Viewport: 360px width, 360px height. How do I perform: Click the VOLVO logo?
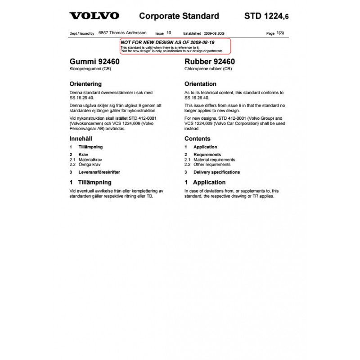[x=94, y=16]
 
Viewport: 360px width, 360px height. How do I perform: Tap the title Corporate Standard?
[x=179, y=16]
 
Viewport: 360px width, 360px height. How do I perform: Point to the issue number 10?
[x=169, y=33]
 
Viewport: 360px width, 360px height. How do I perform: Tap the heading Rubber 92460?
[x=210, y=62]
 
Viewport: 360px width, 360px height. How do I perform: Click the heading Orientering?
[x=85, y=84]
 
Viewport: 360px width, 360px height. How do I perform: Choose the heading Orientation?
[x=200, y=84]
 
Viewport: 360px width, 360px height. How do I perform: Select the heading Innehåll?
[x=81, y=139]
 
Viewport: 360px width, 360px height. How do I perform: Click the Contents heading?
[x=197, y=139]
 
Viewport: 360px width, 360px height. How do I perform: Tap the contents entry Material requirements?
[x=214, y=160]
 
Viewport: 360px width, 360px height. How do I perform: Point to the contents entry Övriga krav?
[x=90, y=165]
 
